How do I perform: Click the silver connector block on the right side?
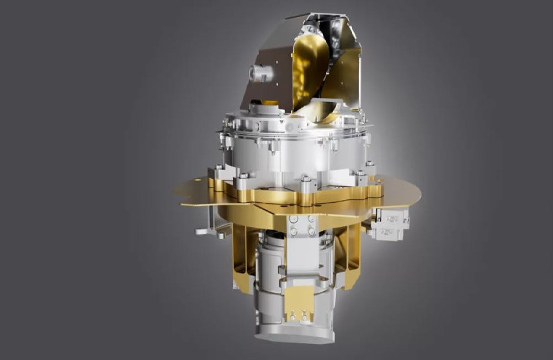point(389,223)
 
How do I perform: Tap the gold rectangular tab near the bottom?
point(299,300)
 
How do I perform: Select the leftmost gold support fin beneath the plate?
point(242,254)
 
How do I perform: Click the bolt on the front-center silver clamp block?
point(305,179)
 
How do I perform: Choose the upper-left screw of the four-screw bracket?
point(294,219)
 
